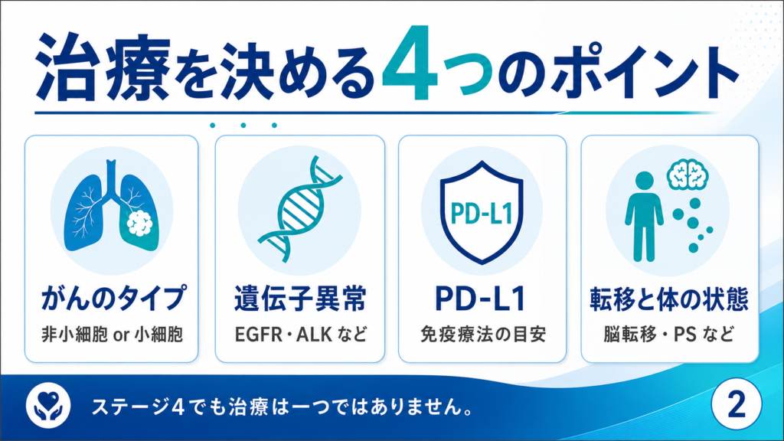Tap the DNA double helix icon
click(300, 208)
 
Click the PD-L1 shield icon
click(482, 212)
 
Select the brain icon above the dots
click(688, 175)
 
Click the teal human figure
click(645, 217)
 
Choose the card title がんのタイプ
click(113, 299)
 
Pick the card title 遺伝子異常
click(300, 299)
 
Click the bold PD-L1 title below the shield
click(481, 299)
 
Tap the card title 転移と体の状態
click(669, 299)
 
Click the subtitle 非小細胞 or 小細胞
click(112, 334)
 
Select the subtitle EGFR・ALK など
click(301, 334)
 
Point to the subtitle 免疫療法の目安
click(482, 334)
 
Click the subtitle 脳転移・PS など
click(669, 334)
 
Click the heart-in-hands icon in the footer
click(48, 404)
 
